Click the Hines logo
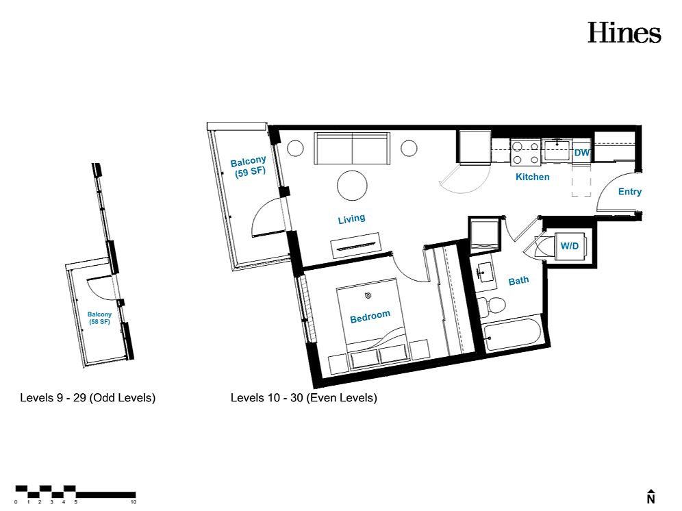click(x=624, y=33)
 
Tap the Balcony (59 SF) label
click(x=249, y=166)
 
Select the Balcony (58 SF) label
click(x=99, y=318)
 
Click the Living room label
click(x=351, y=219)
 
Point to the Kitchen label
click(x=532, y=177)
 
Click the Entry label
click(x=630, y=192)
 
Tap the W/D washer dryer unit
click(x=570, y=247)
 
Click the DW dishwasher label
click(x=581, y=153)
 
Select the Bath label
click(x=518, y=281)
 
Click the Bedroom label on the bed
click(x=370, y=316)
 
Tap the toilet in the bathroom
click(x=492, y=305)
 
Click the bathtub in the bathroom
click(x=512, y=335)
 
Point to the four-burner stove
click(x=525, y=153)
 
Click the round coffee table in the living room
click(x=353, y=186)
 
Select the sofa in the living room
click(x=352, y=149)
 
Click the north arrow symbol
click(x=651, y=497)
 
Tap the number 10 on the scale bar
click(x=134, y=502)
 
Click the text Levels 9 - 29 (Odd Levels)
click(x=88, y=398)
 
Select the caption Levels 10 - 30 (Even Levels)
click(x=303, y=398)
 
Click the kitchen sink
click(x=557, y=151)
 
